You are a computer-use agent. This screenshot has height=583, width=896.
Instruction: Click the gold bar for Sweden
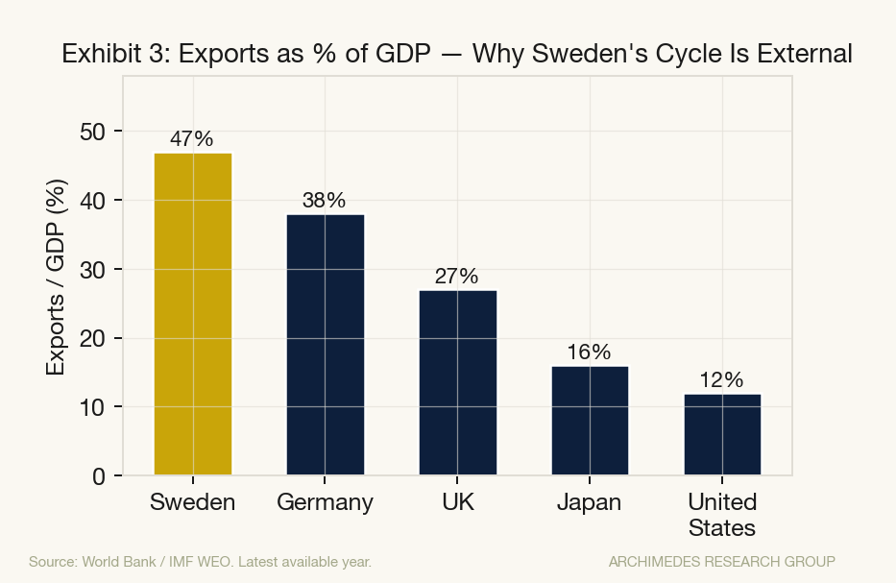193,313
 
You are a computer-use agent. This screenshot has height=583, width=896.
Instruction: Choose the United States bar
721,434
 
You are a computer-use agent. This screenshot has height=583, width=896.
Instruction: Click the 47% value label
192,138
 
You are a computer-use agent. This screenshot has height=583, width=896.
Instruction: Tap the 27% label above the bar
456,277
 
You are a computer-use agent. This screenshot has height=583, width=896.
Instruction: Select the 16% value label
589,352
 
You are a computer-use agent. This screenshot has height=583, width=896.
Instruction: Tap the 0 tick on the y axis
99,476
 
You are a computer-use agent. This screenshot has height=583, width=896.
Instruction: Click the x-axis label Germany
325,502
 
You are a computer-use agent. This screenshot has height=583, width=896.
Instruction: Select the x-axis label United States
721,515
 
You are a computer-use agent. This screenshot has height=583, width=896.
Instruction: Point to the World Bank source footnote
200,561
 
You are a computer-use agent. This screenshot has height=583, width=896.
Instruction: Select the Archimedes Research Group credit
721,561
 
